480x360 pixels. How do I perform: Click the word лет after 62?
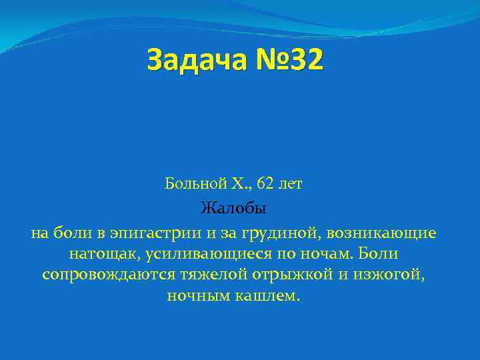pos(291,183)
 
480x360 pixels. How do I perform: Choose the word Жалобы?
pos(233,209)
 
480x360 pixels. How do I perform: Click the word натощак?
pos(101,254)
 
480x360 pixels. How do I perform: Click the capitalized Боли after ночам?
pos(379,254)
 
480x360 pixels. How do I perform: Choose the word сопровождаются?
pos(107,275)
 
